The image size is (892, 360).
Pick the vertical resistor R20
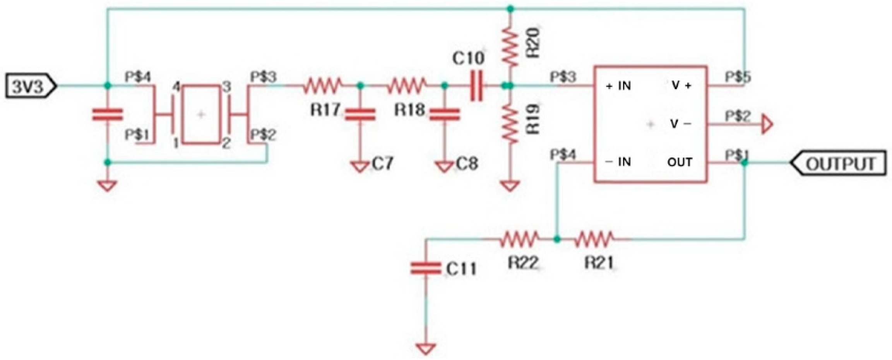click(x=510, y=46)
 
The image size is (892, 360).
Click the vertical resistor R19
click(x=510, y=125)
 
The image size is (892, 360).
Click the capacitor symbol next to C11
click(x=426, y=268)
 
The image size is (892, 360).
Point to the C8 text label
click(x=467, y=164)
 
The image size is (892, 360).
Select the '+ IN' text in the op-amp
click(x=618, y=86)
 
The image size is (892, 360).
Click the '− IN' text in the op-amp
click(x=618, y=162)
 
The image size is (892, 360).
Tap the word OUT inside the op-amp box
click(x=680, y=162)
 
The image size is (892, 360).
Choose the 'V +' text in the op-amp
click(x=681, y=86)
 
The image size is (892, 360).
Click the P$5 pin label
click(x=737, y=77)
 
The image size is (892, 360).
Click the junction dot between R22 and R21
click(x=557, y=240)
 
